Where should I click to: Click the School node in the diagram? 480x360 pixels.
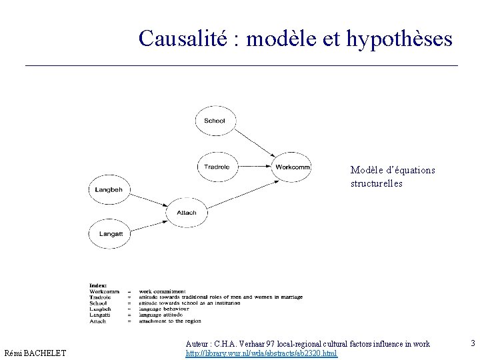(x=215, y=121)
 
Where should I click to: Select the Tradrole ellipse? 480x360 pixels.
(x=217, y=167)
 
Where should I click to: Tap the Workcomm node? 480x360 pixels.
(x=292, y=167)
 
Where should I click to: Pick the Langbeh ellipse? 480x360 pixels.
(x=109, y=190)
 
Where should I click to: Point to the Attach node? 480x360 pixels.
(x=187, y=213)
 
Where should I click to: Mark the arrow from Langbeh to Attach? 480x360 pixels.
(x=148, y=201)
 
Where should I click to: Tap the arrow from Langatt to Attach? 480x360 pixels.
(x=148, y=223)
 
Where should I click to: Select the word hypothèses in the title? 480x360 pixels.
(x=399, y=39)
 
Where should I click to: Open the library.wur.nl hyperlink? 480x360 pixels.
(x=261, y=353)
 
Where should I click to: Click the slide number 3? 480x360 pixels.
(x=473, y=343)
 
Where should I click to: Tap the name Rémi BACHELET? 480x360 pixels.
(x=35, y=353)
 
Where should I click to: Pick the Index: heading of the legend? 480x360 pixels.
(x=98, y=285)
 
